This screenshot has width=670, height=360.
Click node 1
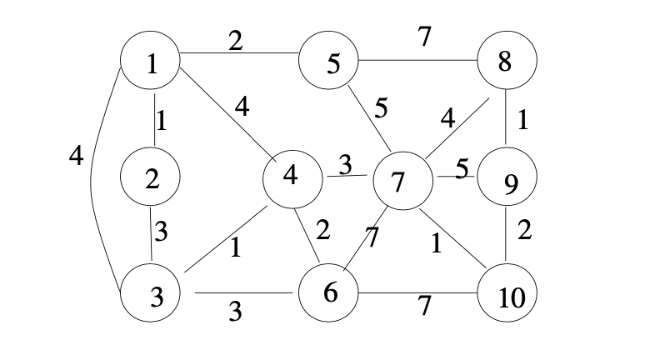tap(152, 62)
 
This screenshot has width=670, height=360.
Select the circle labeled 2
tap(152, 177)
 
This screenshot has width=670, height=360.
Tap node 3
tap(153, 295)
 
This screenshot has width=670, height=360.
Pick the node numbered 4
tap(292, 177)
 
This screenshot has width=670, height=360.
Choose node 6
tap(330, 293)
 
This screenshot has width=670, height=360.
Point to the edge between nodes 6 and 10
tap(417, 293)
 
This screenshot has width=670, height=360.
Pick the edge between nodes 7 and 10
tap(454, 237)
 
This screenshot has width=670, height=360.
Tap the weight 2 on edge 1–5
tap(236, 40)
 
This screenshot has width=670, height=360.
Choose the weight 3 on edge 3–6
tap(235, 312)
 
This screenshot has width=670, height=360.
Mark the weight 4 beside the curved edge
tap(76, 156)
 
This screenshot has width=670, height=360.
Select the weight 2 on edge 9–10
tap(524, 230)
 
